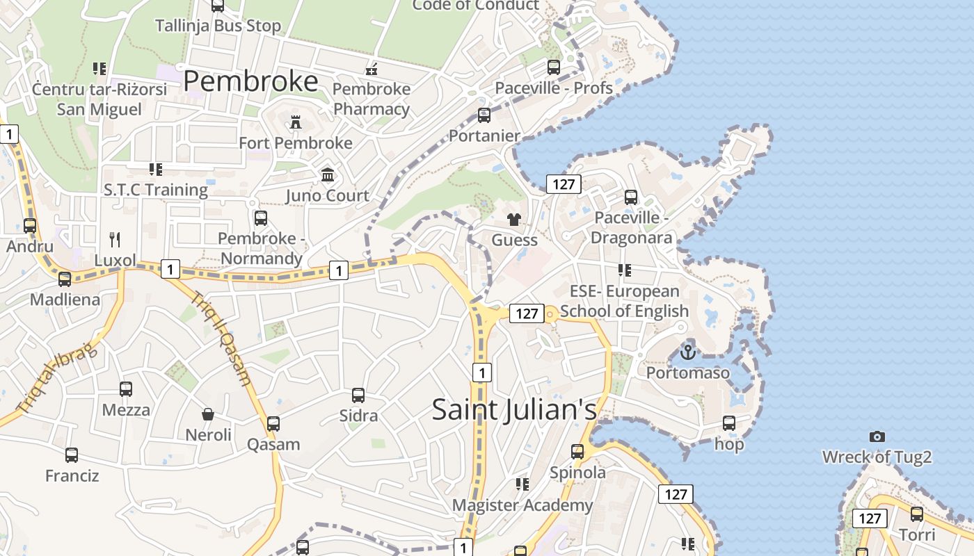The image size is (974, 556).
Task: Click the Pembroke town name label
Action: [250, 81]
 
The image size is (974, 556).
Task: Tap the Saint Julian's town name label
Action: [514, 409]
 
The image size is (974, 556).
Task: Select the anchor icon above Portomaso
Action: [687, 352]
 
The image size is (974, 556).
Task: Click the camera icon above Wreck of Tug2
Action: [877, 436]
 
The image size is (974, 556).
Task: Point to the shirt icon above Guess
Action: [514, 220]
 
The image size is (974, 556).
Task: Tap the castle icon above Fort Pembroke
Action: [296, 123]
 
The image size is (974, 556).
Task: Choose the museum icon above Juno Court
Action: [328, 174]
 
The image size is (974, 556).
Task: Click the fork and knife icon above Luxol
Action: [115, 240]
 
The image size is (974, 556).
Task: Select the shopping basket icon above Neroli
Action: [207, 415]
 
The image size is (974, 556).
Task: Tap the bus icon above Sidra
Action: [358, 395]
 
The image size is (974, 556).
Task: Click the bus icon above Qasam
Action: [273, 423]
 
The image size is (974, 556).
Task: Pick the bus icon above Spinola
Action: [577, 452]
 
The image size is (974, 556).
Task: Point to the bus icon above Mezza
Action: [126, 389]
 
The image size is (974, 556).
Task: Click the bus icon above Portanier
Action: [484, 115]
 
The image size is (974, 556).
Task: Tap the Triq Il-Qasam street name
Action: [221, 338]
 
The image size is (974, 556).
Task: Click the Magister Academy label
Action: [522, 505]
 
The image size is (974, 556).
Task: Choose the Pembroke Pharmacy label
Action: [372, 99]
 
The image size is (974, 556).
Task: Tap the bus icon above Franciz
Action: [72, 455]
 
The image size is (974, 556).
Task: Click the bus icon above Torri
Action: [917, 514]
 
